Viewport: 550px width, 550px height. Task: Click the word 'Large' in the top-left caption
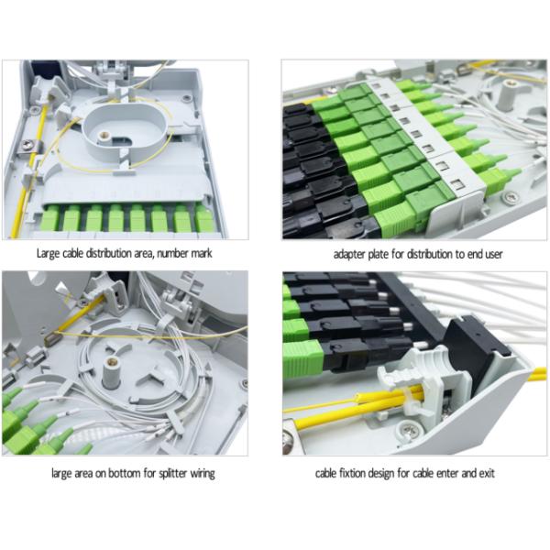click(x=48, y=253)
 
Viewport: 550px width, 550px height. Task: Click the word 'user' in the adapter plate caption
click(x=492, y=254)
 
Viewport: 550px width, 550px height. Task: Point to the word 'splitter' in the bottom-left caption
click(x=173, y=474)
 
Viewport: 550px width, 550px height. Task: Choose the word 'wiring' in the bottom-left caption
click(x=203, y=474)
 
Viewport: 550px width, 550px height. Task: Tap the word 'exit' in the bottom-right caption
click(x=487, y=473)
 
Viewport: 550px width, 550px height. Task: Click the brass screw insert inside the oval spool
click(x=104, y=135)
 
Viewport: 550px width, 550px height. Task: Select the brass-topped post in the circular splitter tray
click(x=112, y=374)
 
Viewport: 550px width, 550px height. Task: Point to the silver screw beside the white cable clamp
click(x=408, y=429)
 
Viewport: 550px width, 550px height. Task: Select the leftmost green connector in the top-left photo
click(x=50, y=219)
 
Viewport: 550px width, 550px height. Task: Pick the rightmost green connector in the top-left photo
click(x=204, y=218)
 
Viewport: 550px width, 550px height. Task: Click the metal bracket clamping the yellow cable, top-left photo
click(x=30, y=147)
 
